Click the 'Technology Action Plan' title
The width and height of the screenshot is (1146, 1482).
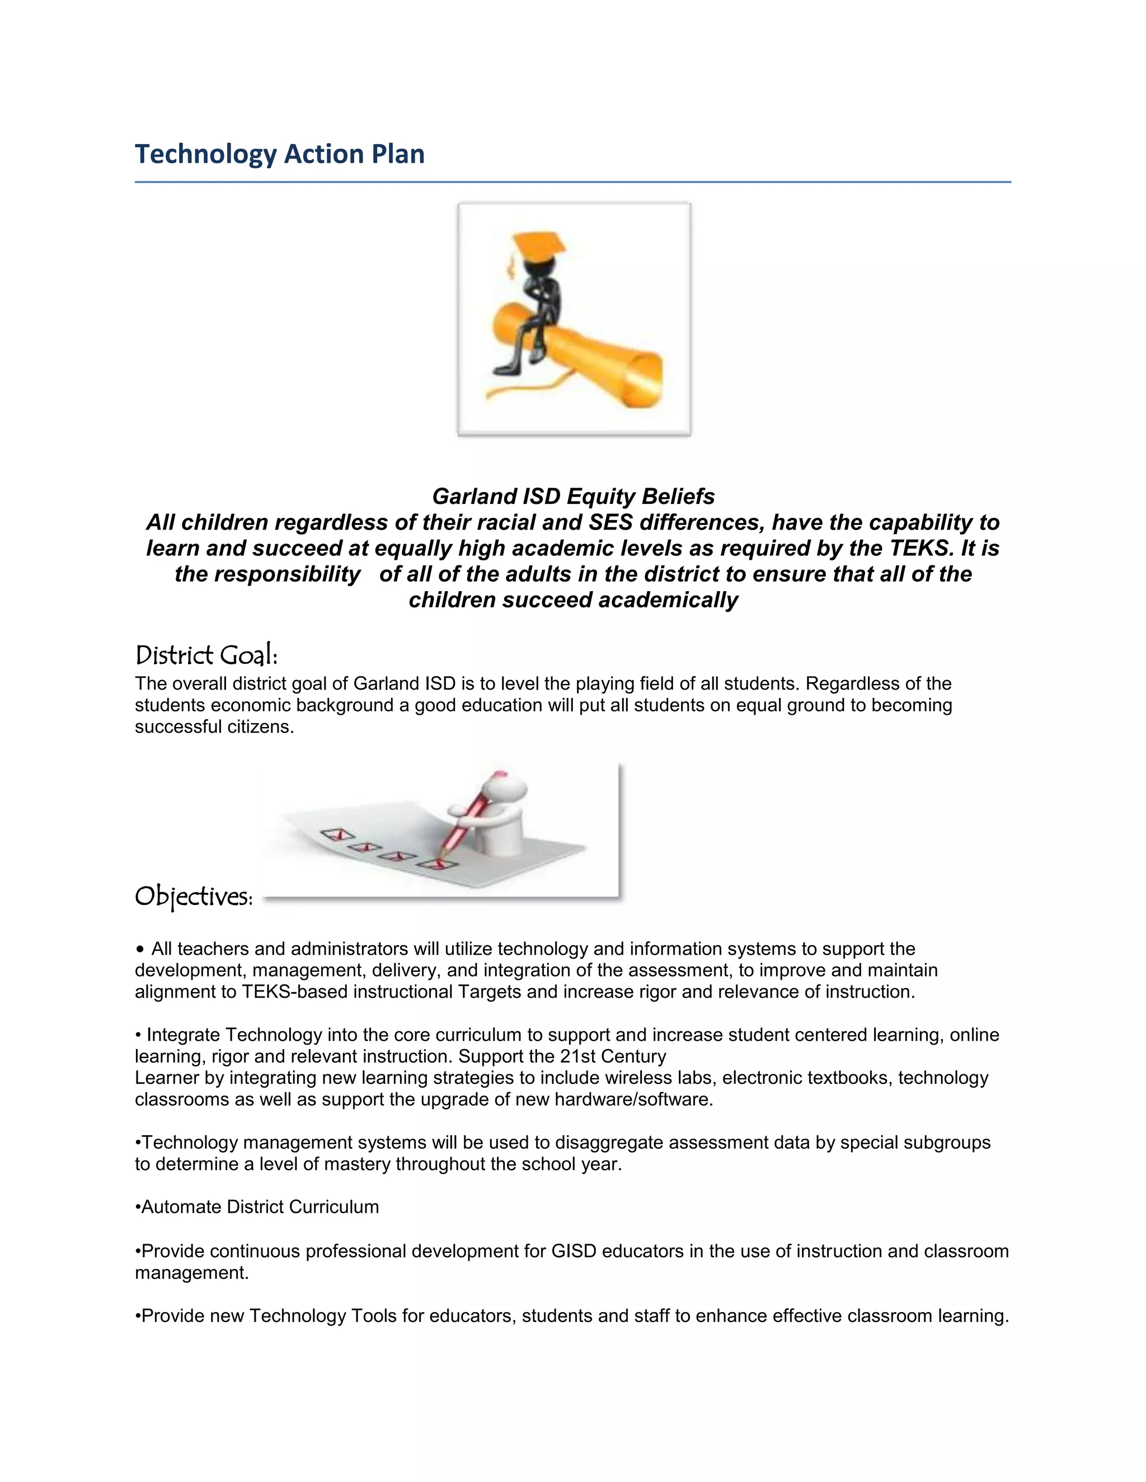pos(280,154)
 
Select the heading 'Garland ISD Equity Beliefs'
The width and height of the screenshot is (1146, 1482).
pos(573,497)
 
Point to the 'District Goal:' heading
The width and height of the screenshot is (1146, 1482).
pos(206,655)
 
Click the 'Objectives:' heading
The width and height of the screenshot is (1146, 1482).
pos(194,896)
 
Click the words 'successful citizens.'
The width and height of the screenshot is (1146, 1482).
pos(214,727)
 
